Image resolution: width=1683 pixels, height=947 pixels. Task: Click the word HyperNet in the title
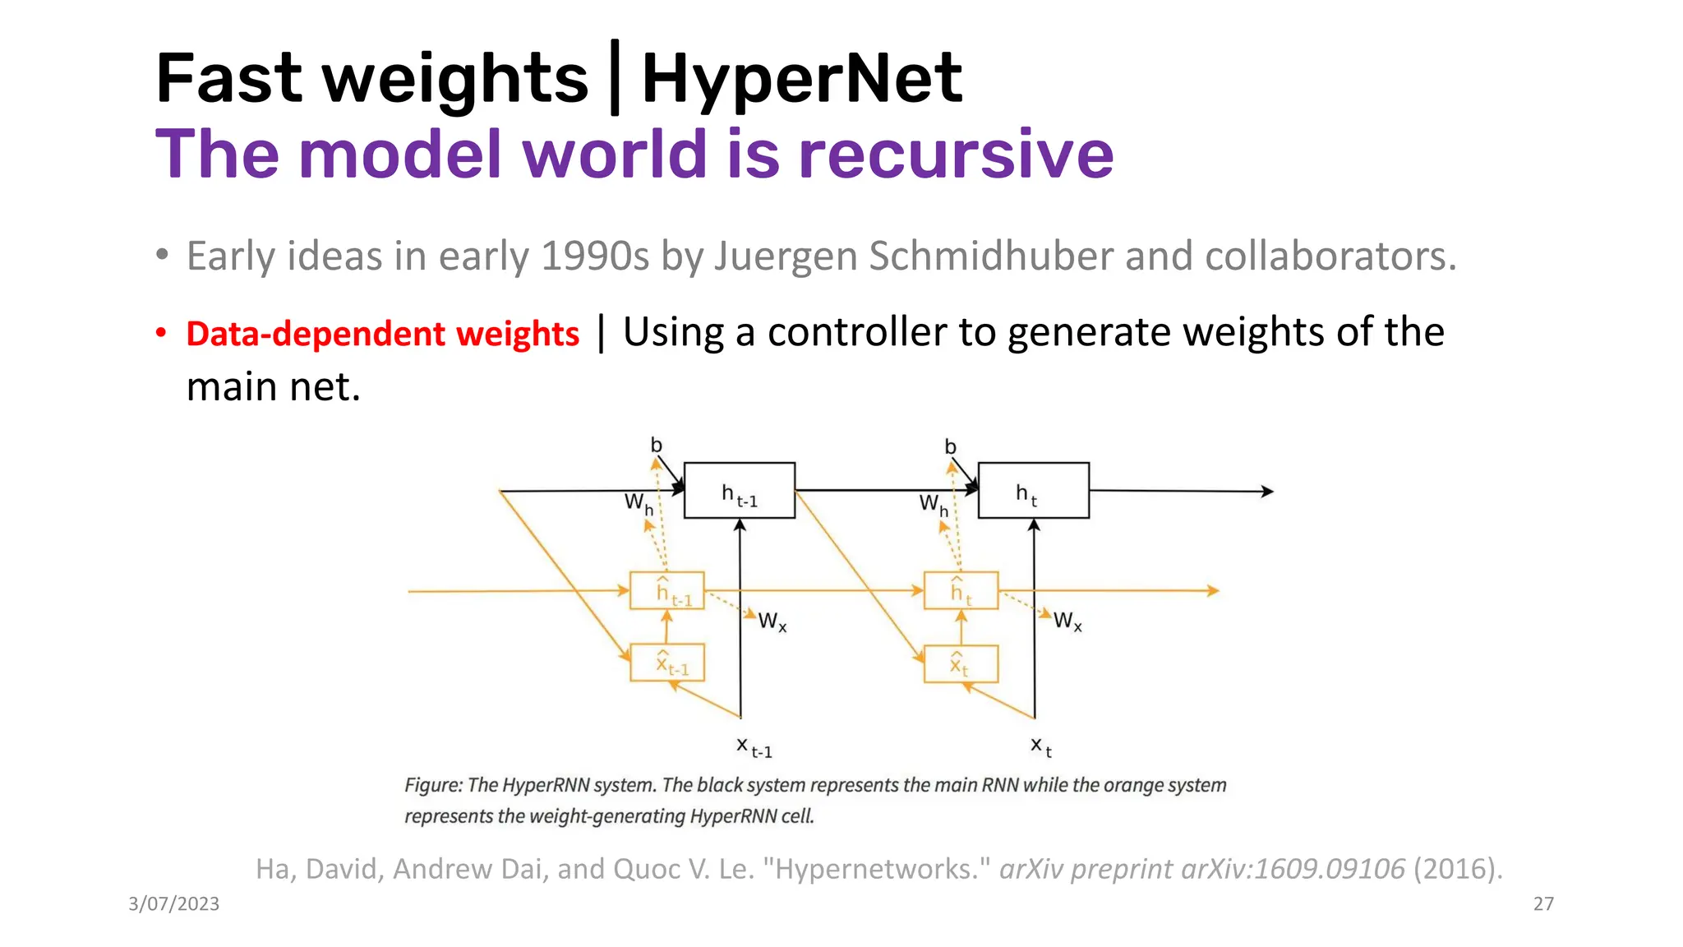[x=801, y=79]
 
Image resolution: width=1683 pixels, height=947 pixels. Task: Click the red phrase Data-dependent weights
[x=383, y=334]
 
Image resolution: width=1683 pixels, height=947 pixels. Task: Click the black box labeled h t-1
[x=739, y=491]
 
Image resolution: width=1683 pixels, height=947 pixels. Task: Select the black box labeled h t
[x=1033, y=491]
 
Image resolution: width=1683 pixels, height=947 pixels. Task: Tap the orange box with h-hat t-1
[x=666, y=590]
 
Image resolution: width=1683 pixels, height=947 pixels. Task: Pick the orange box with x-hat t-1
[x=666, y=663]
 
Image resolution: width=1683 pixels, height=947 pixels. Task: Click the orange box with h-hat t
[x=961, y=590]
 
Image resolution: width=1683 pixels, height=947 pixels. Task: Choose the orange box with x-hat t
[x=961, y=663]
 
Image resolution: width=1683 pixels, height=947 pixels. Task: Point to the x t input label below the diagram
[x=1041, y=747]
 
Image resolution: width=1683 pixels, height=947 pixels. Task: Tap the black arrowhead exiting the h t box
[x=1267, y=492]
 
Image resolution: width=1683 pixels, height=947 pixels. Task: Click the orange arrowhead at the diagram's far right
[x=1213, y=590]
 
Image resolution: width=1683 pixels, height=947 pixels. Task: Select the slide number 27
[x=1543, y=904]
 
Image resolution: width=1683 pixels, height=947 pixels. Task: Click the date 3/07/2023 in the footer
[x=173, y=904]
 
